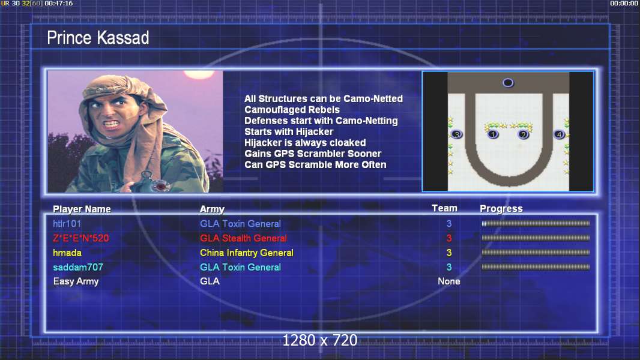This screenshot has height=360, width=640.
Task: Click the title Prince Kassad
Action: click(x=98, y=38)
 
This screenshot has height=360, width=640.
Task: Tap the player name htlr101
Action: click(x=67, y=223)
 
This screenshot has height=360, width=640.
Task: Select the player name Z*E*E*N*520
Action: click(x=81, y=238)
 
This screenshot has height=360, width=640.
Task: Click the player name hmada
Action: click(x=67, y=253)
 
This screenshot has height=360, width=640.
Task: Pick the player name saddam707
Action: click(x=78, y=267)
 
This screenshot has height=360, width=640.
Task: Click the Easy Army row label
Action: click(x=76, y=281)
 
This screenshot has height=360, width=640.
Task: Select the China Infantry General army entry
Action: click(x=247, y=253)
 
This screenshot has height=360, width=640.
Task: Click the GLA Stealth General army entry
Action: click(x=243, y=238)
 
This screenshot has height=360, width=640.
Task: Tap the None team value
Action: click(x=449, y=281)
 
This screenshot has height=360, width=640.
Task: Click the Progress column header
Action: click(x=501, y=209)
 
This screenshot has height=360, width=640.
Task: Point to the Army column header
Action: click(x=213, y=209)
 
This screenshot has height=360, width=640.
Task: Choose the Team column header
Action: click(x=444, y=208)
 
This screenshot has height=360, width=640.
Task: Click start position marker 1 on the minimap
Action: click(x=493, y=134)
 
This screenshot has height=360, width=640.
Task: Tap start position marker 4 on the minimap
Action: click(x=559, y=134)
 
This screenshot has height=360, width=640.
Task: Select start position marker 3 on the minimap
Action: click(x=457, y=134)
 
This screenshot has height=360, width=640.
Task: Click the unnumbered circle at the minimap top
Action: click(x=508, y=83)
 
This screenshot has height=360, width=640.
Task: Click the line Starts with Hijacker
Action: click(x=289, y=131)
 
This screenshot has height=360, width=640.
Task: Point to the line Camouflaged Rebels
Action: click(x=292, y=110)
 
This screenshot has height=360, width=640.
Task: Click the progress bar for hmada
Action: click(x=536, y=253)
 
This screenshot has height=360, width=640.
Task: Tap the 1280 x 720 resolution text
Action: click(x=320, y=340)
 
